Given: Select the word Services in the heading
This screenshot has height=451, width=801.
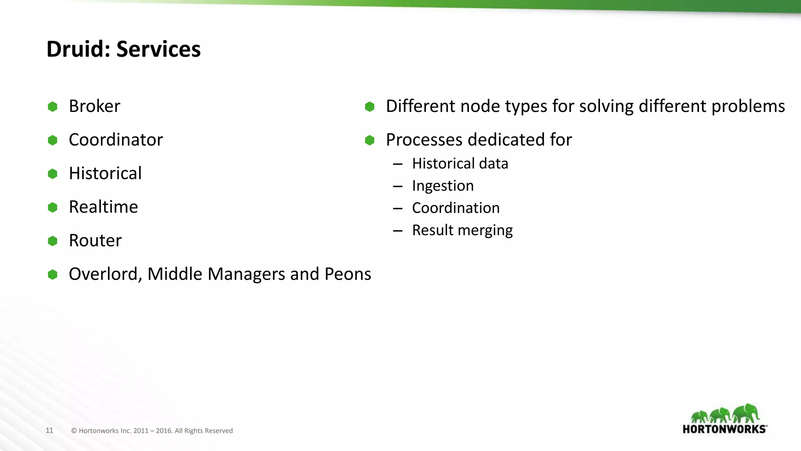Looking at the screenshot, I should [x=158, y=49].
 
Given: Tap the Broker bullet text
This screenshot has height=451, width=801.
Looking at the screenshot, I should [x=94, y=106].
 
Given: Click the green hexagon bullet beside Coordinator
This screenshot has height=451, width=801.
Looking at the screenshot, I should [x=52, y=140].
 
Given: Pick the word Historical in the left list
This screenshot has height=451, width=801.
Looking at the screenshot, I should [x=105, y=173].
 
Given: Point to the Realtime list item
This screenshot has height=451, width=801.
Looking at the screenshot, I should [x=103, y=207].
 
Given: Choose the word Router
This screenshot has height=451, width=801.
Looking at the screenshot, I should [x=95, y=240].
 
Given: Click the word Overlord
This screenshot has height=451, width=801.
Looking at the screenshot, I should [x=103, y=274].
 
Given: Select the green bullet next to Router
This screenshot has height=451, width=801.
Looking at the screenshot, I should [x=52, y=241].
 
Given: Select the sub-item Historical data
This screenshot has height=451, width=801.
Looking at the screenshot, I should [x=460, y=164].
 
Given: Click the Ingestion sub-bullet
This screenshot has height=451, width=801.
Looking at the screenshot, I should [x=443, y=186].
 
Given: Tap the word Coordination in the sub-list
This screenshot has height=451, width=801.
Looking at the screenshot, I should [x=456, y=208].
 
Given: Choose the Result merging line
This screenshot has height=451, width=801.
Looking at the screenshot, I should [x=462, y=230].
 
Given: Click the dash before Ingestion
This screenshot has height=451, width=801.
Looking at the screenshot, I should [x=398, y=186].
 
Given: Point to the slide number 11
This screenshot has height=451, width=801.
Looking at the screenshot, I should [x=49, y=430].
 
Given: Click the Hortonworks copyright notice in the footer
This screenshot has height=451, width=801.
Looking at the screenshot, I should [x=152, y=431].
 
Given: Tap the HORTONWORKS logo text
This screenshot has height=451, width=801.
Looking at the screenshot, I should [x=724, y=429].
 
